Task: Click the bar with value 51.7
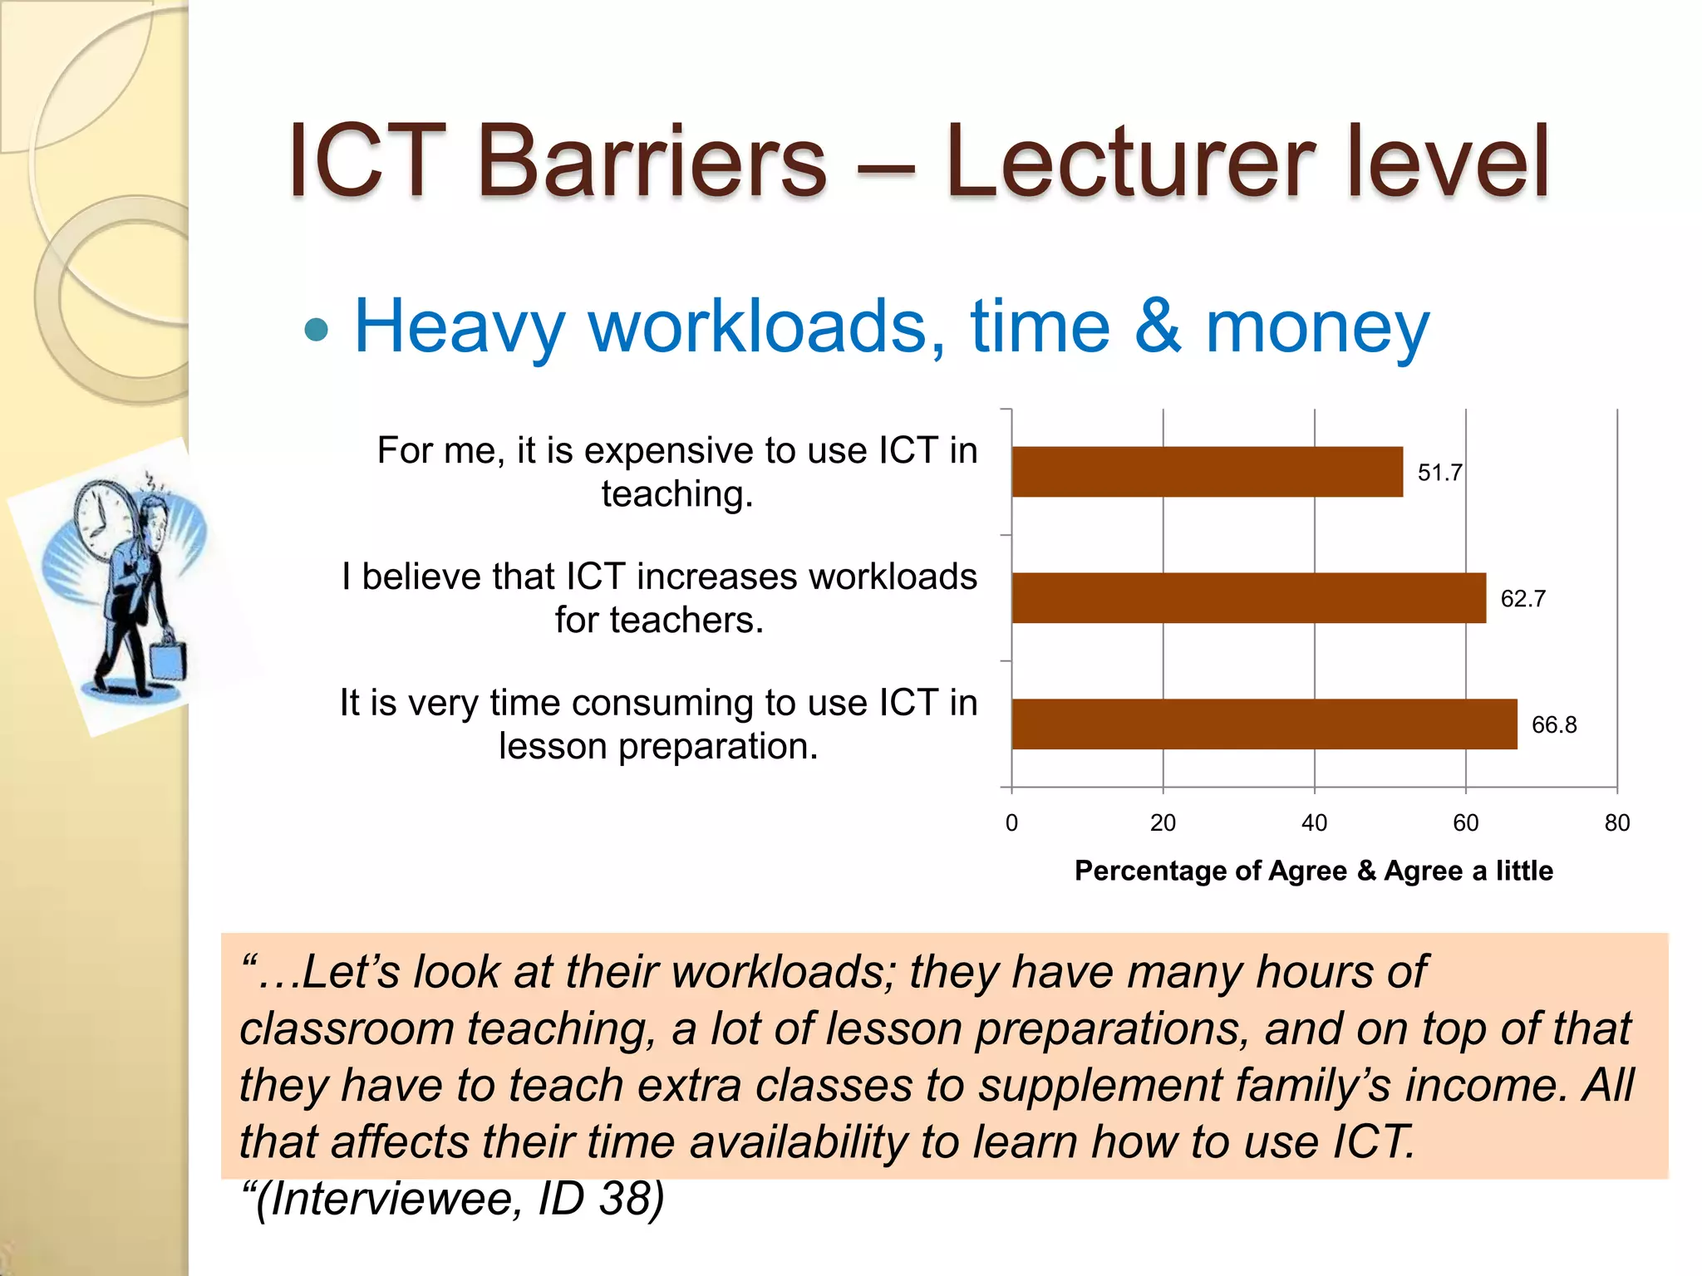click(1207, 472)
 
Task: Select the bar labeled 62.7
click(1248, 598)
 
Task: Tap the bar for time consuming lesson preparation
click(1263, 724)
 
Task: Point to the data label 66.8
click(1553, 725)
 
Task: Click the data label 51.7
click(1439, 473)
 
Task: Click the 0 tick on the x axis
click(1011, 823)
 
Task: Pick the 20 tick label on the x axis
click(1163, 823)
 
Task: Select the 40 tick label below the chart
click(1314, 823)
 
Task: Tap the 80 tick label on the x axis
click(1616, 823)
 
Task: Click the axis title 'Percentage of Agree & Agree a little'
click(1313, 871)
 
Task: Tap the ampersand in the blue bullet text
click(1157, 326)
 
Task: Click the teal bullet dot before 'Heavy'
click(317, 330)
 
